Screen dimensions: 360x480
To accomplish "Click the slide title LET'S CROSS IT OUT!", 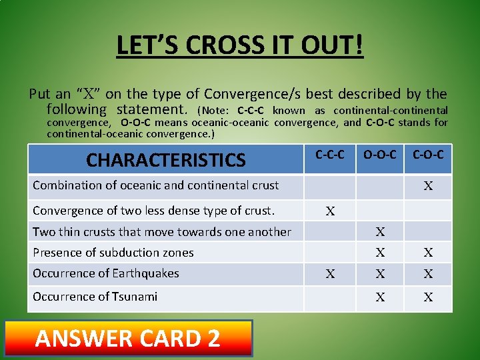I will (240, 46).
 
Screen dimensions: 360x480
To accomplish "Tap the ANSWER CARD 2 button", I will (128, 338).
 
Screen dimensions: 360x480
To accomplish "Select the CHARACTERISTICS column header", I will (166, 160).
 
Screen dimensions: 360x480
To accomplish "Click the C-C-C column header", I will (330, 155).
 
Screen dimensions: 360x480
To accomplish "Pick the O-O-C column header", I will (379, 155).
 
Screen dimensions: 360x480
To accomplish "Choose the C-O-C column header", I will (428, 155).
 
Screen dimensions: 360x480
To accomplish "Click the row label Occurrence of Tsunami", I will (95, 296).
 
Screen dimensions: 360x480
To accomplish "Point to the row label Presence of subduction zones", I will (113, 253).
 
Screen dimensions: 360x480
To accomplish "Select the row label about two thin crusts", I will (162, 232).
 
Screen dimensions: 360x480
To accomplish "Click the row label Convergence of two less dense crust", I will (153, 211).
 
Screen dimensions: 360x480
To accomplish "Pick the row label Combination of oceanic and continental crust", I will (155, 185).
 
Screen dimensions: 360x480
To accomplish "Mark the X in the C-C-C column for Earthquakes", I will (330, 273).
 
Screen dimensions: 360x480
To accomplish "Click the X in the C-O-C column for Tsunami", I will (428, 297).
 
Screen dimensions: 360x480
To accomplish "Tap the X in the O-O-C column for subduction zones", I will (380, 253).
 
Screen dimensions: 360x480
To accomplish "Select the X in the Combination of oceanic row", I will (428, 187).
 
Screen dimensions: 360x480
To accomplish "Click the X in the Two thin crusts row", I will (380, 232).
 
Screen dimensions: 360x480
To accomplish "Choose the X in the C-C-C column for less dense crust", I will (330, 212).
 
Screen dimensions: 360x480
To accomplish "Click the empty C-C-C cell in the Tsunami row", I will (330, 297).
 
